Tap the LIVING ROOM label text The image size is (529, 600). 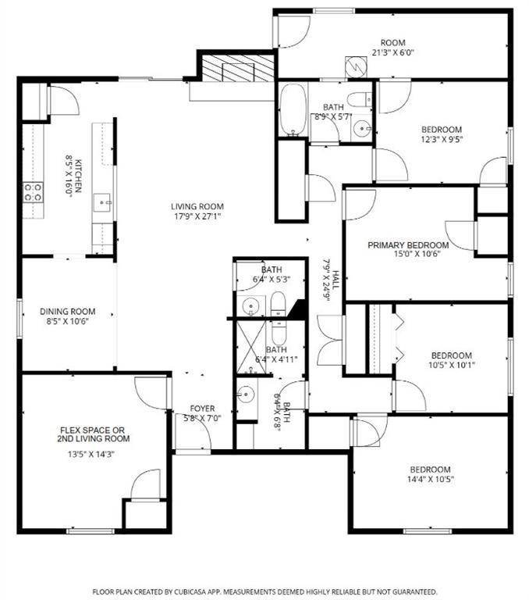pos(197,206)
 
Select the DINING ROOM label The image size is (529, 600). pos(68,312)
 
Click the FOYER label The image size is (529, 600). pos(203,409)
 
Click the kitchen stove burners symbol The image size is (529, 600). pos(32,192)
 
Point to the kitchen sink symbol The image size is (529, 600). pos(103,202)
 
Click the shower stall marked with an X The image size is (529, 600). pos(252,341)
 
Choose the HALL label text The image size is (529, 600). pos(335,280)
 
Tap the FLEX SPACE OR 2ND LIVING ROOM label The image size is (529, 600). pos(95,434)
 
